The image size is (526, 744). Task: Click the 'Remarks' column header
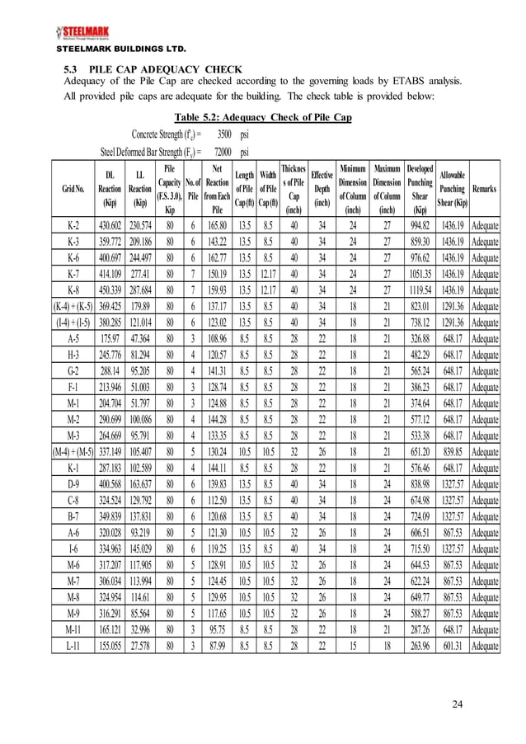click(484, 189)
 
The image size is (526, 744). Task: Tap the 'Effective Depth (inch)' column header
click(322, 189)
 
